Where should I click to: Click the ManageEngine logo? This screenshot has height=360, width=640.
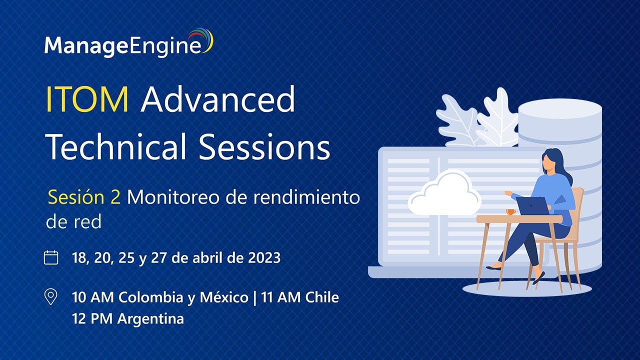(128, 43)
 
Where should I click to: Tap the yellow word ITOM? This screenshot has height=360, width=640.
(87, 99)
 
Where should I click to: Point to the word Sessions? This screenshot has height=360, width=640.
(264, 146)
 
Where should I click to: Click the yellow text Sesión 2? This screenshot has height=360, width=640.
(84, 197)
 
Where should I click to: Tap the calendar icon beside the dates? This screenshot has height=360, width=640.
(51, 257)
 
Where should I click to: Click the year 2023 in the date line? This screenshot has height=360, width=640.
(264, 257)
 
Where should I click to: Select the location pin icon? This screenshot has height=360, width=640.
(51, 296)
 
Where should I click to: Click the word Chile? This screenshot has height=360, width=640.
(322, 297)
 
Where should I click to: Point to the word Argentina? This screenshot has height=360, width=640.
(150, 319)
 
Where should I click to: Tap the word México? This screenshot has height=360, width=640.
(224, 297)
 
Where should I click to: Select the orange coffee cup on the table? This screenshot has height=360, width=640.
(511, 211)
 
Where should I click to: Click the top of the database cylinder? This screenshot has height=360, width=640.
(560, 109)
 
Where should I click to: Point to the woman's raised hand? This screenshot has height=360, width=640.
(508, 193)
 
